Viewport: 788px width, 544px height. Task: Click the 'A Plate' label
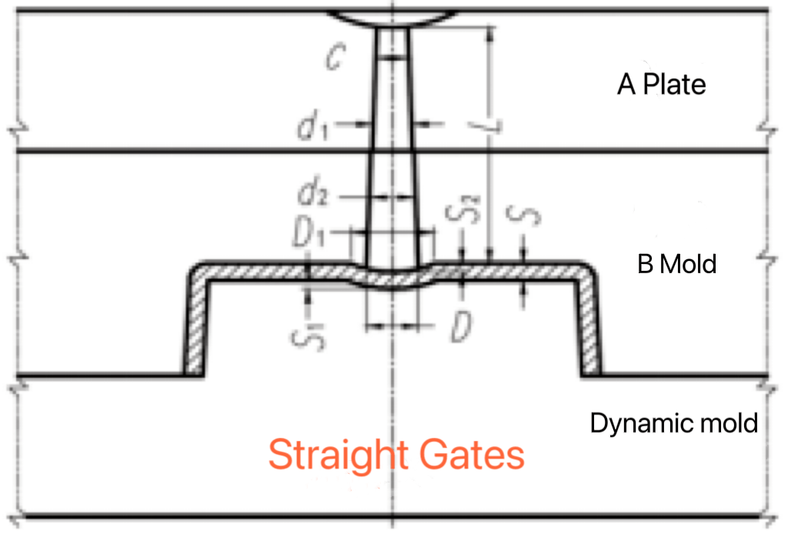[661, 84]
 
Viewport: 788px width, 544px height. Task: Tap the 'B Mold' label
[676, 265]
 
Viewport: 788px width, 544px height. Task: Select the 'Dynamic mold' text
[674, 422]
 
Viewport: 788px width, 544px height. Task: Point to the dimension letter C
[333, 58]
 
